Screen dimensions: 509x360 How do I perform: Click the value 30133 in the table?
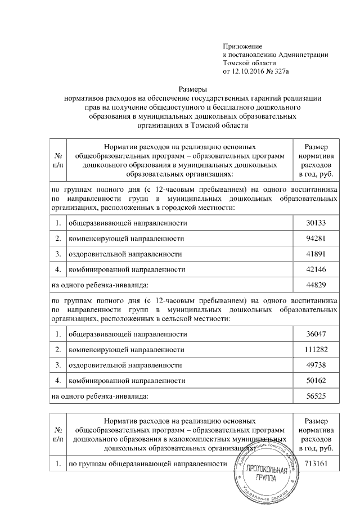[316, 223]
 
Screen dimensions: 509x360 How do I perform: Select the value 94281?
[316, 238]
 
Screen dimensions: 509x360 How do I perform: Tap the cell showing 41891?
[316, 254]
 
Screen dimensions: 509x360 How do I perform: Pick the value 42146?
[316, 269]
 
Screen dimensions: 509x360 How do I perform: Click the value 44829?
[316, 285]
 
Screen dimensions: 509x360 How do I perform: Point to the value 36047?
[316, 334]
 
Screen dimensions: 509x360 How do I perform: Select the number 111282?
[316, 350]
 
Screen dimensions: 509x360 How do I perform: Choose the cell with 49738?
[316, 365]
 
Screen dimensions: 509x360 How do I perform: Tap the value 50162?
[316, 381]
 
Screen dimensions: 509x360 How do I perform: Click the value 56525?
[316, 397]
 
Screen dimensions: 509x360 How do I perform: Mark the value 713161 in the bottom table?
[316, 464]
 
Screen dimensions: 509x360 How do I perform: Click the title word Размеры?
[193, 89]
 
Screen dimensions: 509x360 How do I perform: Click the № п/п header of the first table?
[58, 160]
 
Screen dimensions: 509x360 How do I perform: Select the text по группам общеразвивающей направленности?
[147, 464]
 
